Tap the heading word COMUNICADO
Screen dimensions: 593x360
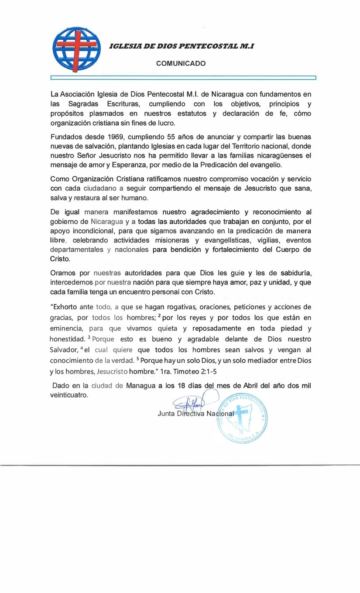coord(181,63)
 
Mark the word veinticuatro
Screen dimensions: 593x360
coord(69,395)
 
